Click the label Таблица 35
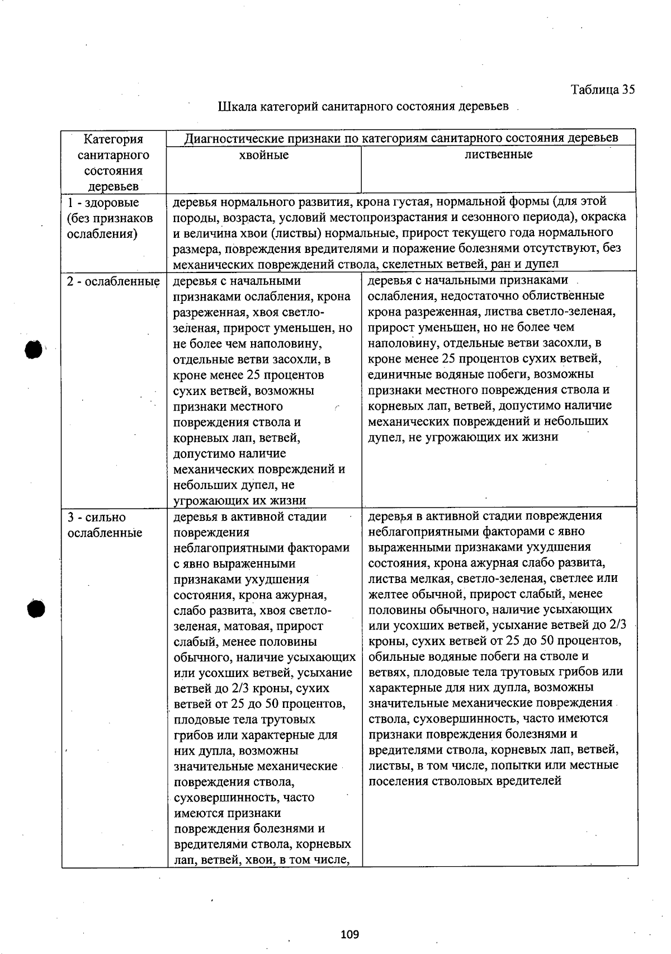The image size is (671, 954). pos(602,90)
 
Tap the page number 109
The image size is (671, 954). pos(349,934)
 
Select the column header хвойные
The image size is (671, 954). pos(264,155)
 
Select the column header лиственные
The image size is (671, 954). pos(498,154)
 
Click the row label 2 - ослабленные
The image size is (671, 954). pos(113,281)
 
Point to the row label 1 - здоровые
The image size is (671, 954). pos(103,203)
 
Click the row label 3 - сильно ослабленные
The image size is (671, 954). pos(105,525)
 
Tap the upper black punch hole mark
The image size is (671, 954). pos(34,350)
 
